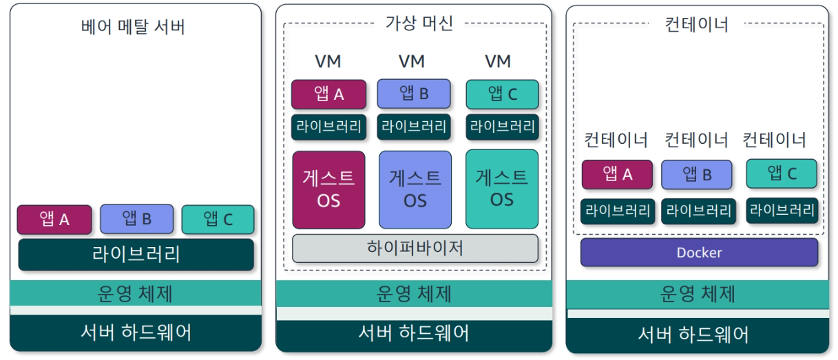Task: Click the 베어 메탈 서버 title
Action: pyautogui.click(x=133, y=27)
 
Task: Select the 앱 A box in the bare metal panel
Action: pyautogui.click(x=54, y=220)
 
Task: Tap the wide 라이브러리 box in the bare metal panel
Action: pyautogui.click(x=136, y=255)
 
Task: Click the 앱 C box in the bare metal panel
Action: pyautogui.click(x=218, y=220)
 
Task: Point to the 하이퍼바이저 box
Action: pyautogui.click(x=415, y=248)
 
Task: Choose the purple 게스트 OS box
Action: pyautogui.click(x=328, y=189)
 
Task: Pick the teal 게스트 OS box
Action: pyautogui.click(x=502, y=189)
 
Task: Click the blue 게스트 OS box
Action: pyautogui.click(x=415, y=189)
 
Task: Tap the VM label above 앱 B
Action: pyautogui.click(x=412, y=61)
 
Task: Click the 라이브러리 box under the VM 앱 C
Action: pyautogui.click(x=502, y=127)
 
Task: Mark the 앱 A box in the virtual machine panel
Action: pyautogui.click(x=328, y=94)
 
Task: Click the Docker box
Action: pyautogui.click(x=699, y=253)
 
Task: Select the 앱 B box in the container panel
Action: pyautogui.click(x=697, y=175)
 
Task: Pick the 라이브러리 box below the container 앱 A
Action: pyautogui.click(x=617, y=211)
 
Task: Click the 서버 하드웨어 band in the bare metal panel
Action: pyautogui.click(x=136, y=332)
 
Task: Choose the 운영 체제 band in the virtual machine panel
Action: pyautogui.click(x=414, y=294)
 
